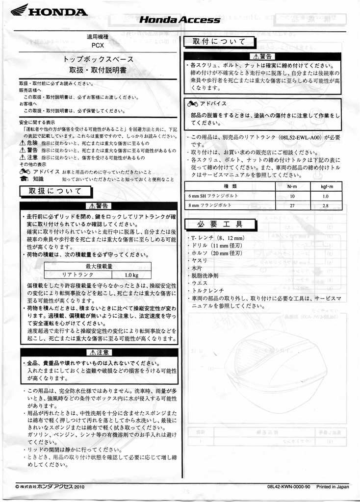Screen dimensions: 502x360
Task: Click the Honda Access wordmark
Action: [x=180, y=20]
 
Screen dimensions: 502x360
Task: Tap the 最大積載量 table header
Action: [x=99, y=266]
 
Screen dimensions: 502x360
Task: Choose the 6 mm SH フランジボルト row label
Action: [x=214, y=196]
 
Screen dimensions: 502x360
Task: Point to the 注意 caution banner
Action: [x=99, y=352]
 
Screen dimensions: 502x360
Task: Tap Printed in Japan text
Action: [x=333, y=487]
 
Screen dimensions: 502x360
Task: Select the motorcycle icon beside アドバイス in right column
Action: [x=192, y=104]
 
